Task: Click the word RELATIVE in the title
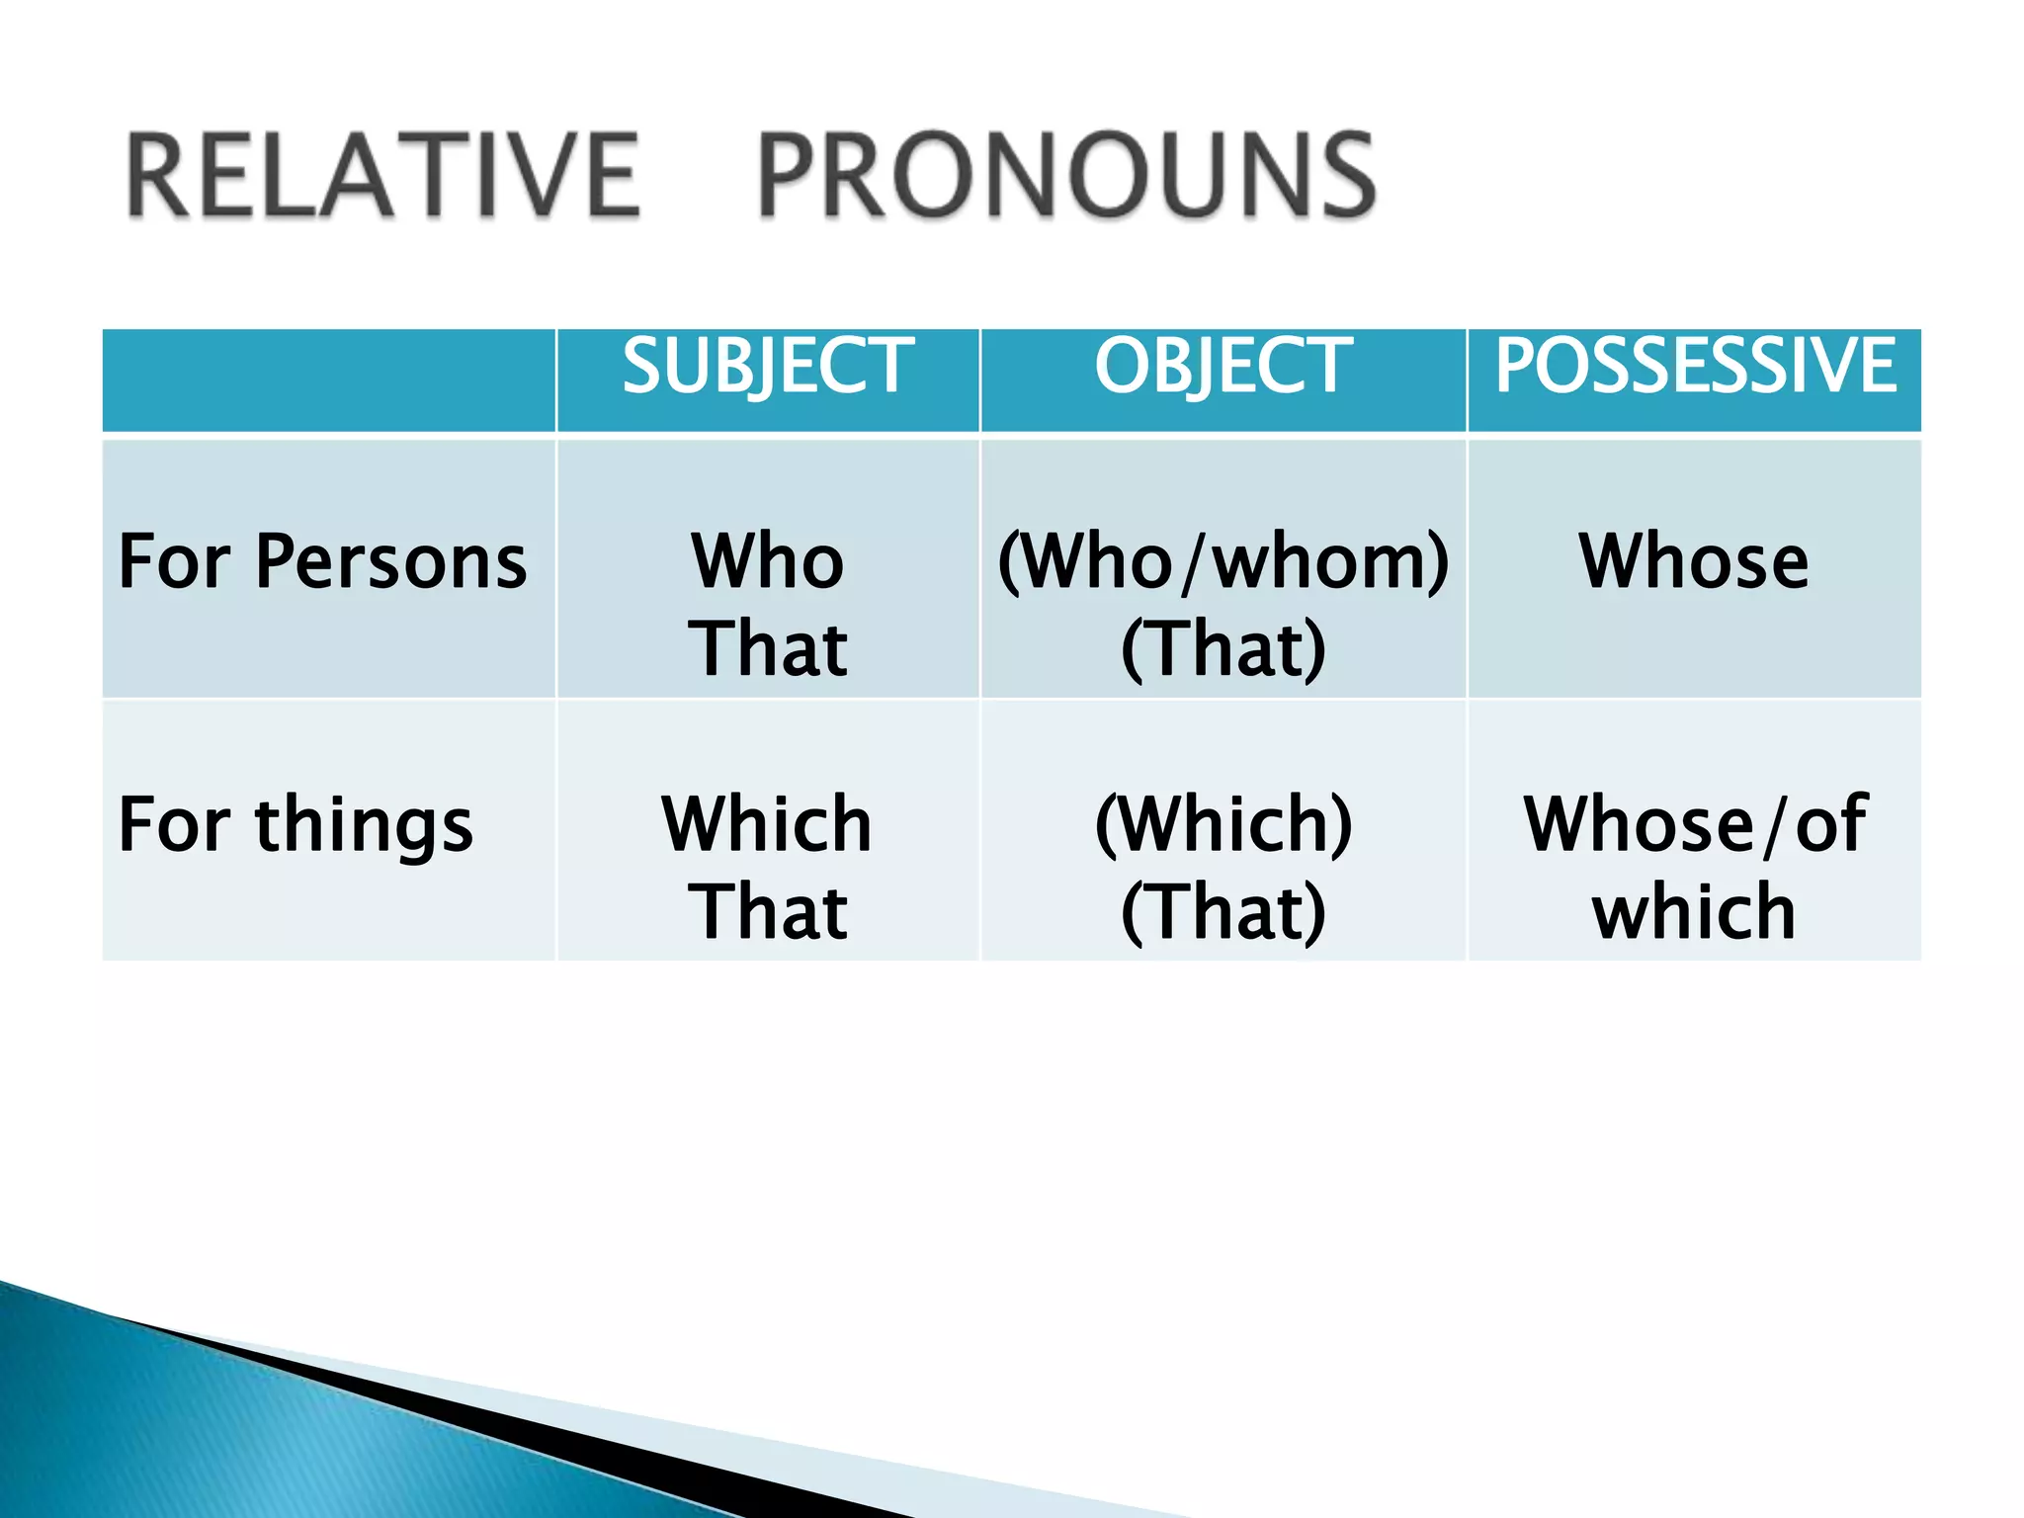click(x=383, y=176)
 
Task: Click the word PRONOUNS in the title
click(x=1066, y=176)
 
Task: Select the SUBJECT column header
click(x=768, y=366)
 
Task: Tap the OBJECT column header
click(x=1223, y=366)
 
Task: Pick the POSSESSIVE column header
click(x=1694, y=366)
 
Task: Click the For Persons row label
click(x=322, y=561)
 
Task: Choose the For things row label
click(x=295, y=824)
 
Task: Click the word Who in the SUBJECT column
click(x=768, y=561)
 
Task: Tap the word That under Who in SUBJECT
click(x=768, y=649)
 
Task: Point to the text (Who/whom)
click(x=1223, y=561)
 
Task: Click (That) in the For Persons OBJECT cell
click(x=1223, y=649)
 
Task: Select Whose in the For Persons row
click(x=1694, y=561)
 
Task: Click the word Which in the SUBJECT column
click(x=768, y=824)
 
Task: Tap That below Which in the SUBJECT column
click(x=768, y=911)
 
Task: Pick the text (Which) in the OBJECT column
click(x=1223, y=824)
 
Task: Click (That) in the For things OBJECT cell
click(x=1223, y=911)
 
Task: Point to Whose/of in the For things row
click(x=1694, y=824)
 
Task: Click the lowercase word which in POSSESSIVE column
click(x=1694, y=911)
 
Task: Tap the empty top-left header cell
click(x=328, y=380)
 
